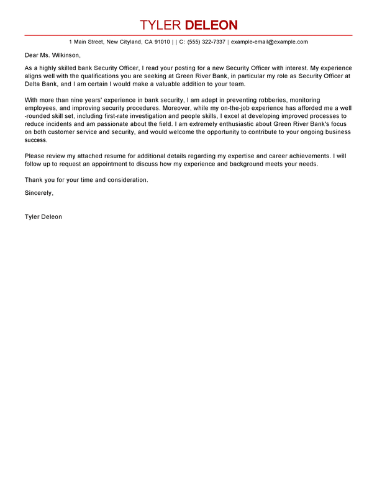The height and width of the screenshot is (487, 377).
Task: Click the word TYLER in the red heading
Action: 161,25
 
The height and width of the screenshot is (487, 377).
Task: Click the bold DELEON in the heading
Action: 211,25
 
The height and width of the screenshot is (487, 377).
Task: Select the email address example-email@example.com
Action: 270,42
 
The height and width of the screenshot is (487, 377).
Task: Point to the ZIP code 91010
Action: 162,42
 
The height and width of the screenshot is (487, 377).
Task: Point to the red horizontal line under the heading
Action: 188,35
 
